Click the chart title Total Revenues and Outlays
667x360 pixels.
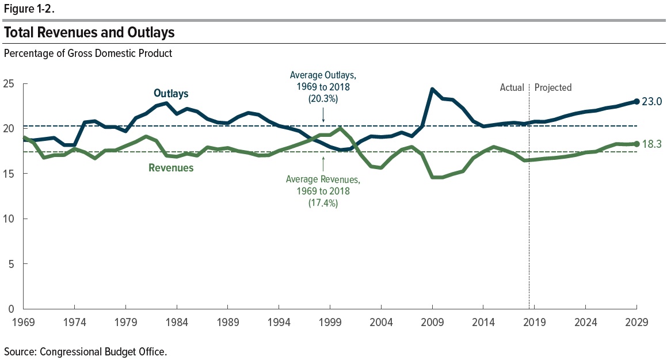[89, 33]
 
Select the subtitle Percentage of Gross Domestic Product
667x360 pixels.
[88, 53]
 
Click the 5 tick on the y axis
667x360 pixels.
[11, 264]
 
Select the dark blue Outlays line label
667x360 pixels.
[171, 93]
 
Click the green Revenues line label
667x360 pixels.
[171, 168]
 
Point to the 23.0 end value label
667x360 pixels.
[653, 102]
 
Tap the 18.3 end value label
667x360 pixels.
[653, 144]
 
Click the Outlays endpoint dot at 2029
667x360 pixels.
[636, 102]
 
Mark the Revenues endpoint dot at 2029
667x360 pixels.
[636, 144]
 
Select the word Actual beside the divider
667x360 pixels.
[512, 87]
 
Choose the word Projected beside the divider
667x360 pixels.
[553, 87]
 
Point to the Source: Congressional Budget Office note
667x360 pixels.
[86, 351]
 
